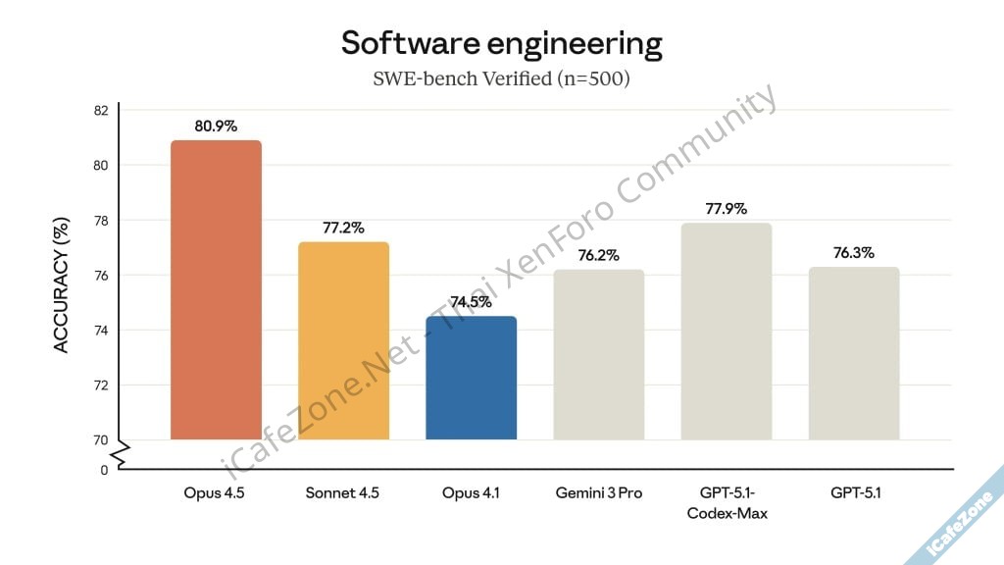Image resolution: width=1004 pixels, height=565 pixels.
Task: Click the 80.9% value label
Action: point(216,126)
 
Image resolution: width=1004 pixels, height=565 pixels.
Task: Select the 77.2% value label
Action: point(343,228)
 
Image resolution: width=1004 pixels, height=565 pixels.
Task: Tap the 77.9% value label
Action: point(727,208)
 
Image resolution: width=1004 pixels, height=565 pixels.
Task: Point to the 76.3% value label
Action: point(854,252)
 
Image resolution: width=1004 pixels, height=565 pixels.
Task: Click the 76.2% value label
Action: point(598,255)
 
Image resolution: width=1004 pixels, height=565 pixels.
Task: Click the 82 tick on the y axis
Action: point(101,110)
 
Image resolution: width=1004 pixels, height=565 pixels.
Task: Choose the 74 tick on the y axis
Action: point(101,331)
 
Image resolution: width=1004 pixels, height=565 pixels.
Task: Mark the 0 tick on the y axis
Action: point(104,470)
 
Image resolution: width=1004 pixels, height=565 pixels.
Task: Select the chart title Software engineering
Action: point(501,43)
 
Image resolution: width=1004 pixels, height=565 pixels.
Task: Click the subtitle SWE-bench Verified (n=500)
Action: point(501,78)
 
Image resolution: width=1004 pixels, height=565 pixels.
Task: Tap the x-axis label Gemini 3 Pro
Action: point(598,493)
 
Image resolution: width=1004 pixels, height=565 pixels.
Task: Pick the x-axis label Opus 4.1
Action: point(471,493)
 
